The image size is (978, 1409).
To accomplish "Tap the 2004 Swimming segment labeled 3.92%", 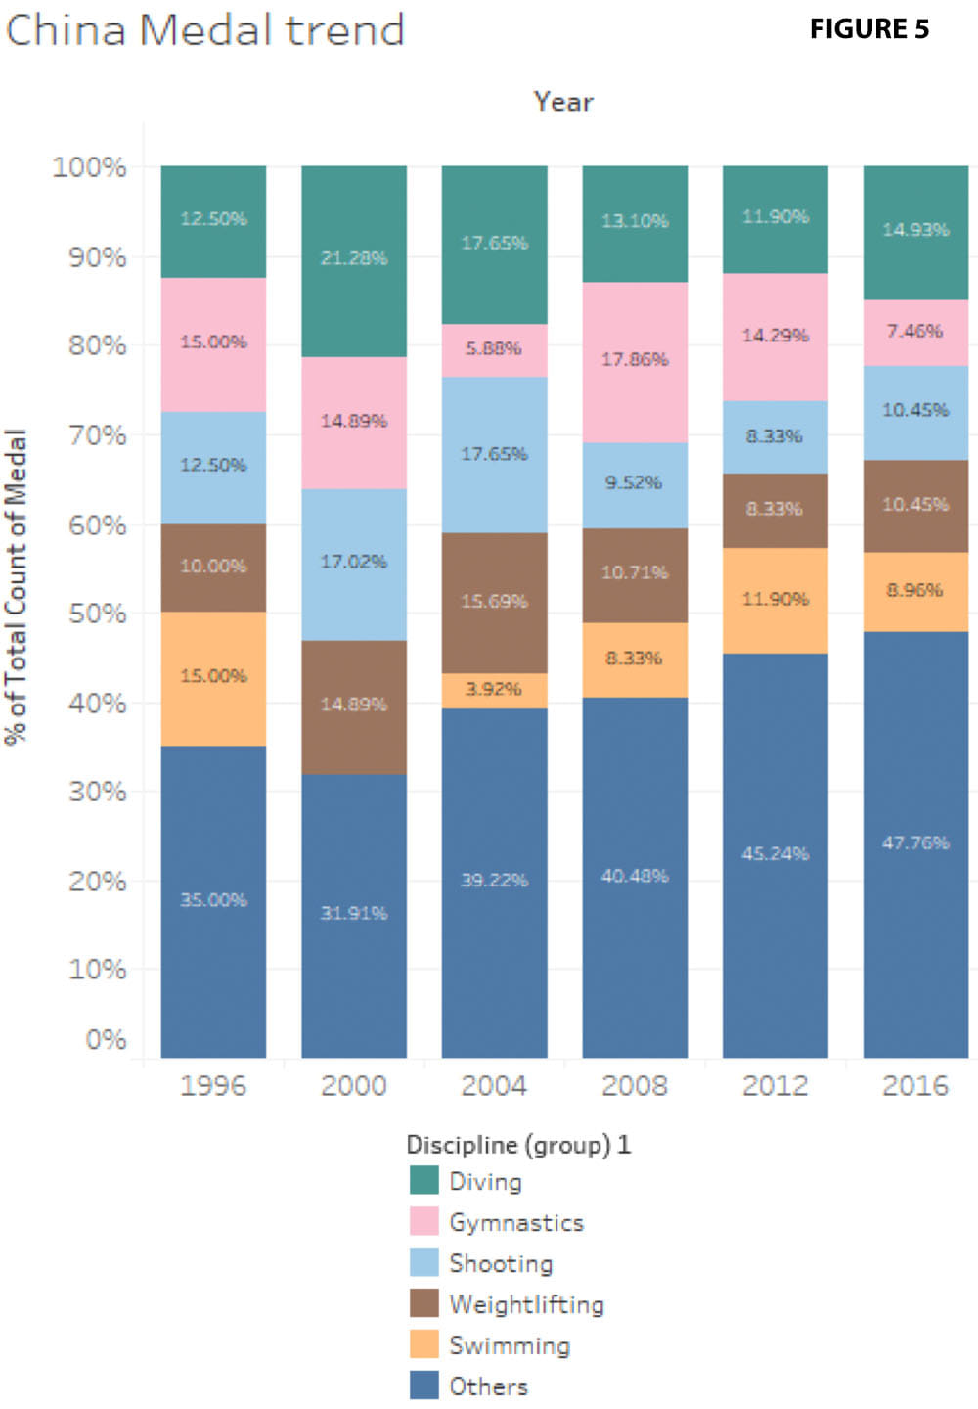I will point(494,690).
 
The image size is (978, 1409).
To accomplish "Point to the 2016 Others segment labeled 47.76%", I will point(915,843).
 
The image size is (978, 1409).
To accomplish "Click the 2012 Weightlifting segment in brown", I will point(776,510).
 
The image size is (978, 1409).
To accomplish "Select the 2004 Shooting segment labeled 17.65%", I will point(494,455).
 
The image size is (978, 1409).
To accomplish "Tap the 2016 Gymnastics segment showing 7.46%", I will point(915,333).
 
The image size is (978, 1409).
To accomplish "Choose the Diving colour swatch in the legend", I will point(423,1180).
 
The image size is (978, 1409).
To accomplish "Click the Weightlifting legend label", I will point(526,1304).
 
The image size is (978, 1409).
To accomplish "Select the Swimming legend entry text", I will point(509,1345).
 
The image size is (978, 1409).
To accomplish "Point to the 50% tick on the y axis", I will point(97,614).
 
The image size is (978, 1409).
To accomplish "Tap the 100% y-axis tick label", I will point(89,167).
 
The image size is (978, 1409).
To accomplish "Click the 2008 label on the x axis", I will point(635,1085).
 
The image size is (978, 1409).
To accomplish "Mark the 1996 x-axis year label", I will point(213,1085).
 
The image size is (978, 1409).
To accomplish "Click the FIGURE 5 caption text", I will point(868,29).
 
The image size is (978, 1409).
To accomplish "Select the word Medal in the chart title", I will point(206,29).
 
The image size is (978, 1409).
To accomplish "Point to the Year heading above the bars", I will point(563,102).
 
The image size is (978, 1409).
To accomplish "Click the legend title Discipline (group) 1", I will point(518,1144).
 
